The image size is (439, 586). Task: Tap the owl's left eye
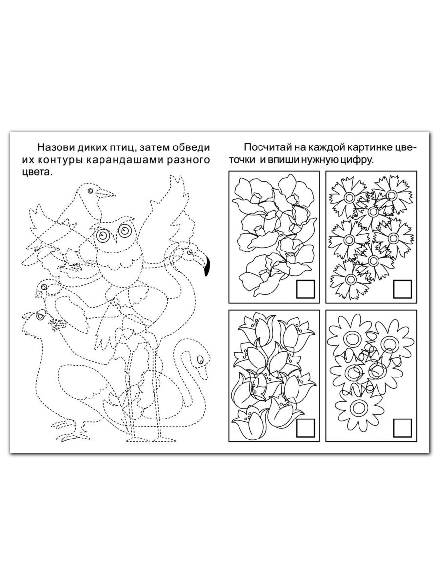(103, 235)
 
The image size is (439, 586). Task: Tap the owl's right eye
(124, 230)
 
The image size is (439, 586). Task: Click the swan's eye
(200, 359)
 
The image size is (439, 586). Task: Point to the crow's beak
(105, 193)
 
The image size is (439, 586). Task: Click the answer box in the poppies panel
(305, 289)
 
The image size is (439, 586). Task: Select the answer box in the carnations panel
(402, 289)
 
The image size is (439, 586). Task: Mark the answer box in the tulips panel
(305, 428)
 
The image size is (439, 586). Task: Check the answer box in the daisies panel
(402, 428)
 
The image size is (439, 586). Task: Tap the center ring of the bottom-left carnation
(352, 279)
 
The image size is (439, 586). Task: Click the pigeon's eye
(40, 316)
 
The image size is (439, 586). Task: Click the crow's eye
(90, 191)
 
